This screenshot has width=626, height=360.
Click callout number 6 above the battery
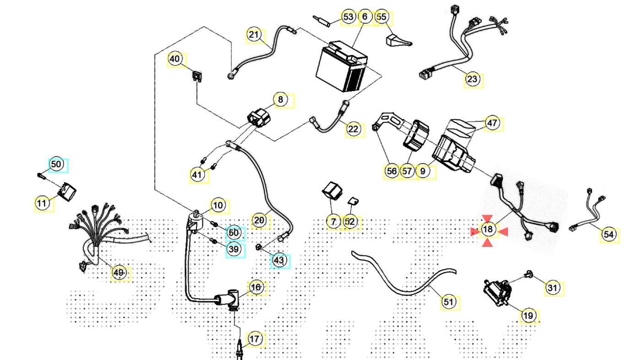tap(365, 17)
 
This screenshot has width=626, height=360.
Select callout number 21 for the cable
tap(254, 34)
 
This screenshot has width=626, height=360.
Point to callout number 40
tap(174, 59)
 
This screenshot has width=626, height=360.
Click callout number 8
tap(281, 99)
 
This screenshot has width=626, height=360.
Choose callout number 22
tap(353, 129)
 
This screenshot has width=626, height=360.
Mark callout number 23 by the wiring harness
tap(472, 79)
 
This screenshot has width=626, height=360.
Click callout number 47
tap(492, 124)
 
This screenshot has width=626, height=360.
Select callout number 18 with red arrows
tap(488, 229)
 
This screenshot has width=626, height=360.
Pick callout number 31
tap(552, 288)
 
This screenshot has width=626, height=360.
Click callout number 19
tap(528, 316)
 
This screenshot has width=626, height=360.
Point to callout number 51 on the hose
tap(448, 302)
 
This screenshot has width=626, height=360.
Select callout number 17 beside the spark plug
tap(255, 339)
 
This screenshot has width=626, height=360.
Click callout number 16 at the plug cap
tap(256, 287)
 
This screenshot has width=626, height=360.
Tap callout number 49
tap(119, 273)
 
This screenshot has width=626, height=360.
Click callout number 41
tap(197, 175)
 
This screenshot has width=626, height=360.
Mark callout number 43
tap(279, 261)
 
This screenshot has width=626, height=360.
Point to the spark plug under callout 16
tap(239, 350)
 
